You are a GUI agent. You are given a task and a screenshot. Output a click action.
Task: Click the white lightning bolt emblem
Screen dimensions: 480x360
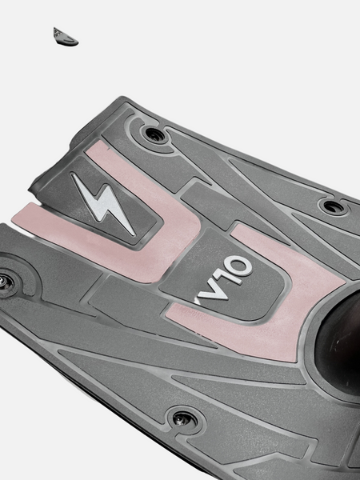point(104,203)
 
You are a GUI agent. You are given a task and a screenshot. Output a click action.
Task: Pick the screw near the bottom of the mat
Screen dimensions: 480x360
point(186,418)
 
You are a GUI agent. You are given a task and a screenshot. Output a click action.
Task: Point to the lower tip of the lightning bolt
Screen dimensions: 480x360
point(133,234)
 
